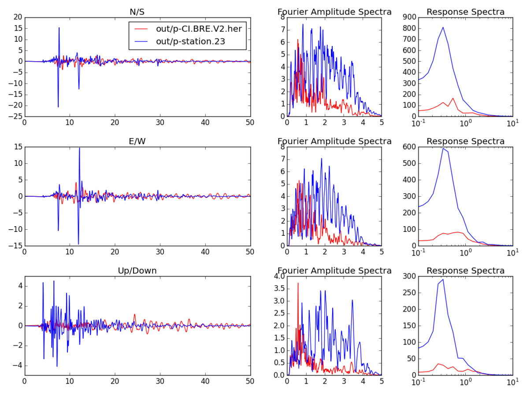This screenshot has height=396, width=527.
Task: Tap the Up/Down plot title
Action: click(137, 271)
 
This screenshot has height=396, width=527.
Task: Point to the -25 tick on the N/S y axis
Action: click(16, 117)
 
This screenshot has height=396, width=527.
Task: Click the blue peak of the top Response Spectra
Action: click(443, 27)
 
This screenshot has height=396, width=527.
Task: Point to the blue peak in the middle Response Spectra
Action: click(443, 148)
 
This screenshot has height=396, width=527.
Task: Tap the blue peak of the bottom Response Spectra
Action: click(443, 279)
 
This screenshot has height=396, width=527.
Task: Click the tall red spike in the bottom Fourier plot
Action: click(298, 283)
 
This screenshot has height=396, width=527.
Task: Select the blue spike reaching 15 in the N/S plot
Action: click(59, 28)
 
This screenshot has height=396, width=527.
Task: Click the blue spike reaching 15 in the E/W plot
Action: click(79, 148)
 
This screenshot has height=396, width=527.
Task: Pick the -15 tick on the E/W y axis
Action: click(16, 246)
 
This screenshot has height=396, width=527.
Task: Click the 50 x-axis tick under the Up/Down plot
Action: click(250, 382)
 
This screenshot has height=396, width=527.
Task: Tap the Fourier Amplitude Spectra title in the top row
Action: click(334, 12)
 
